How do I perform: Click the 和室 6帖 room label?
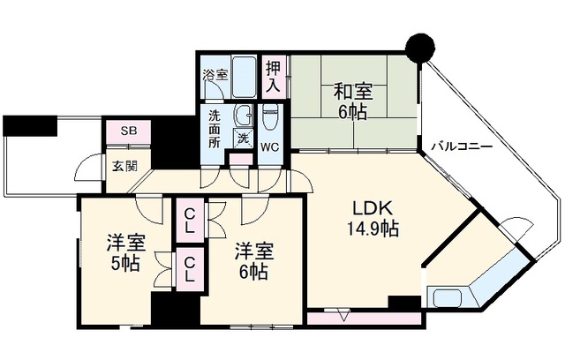[x=353, y=101]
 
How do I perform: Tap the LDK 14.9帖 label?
[x=373, y=218]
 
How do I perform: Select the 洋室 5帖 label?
[x=125, y=253]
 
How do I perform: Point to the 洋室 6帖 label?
[x=254, y=262]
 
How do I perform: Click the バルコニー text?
[x=462, y=146]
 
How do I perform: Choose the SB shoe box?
[x=129, y=131]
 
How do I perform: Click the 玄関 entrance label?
[x=124, y=166]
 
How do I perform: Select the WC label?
[x=270, y=147]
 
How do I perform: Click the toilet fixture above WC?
[x=270, y=117]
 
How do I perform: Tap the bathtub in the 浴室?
[x=244, y=77]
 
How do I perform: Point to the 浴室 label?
[x=215, y=75]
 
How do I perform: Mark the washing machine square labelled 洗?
[x=244, y=138]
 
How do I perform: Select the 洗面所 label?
[x=215, y=129]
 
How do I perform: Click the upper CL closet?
[x=190, y=221]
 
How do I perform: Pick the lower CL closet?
[x=190, y=269]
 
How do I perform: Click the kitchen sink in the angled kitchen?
[x=448, y=297]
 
